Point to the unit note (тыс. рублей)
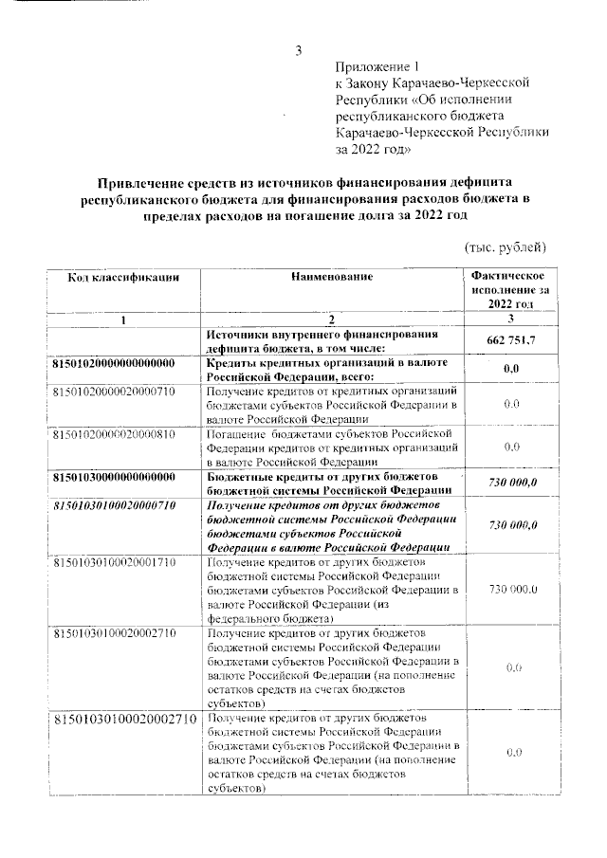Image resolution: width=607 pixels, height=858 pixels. point(505,247)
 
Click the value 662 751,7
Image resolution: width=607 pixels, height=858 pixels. point(512,341)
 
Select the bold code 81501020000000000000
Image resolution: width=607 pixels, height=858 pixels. point(113,364)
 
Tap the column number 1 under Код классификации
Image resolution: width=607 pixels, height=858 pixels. point(123,319)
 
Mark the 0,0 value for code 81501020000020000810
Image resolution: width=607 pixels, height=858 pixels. point(512,446)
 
